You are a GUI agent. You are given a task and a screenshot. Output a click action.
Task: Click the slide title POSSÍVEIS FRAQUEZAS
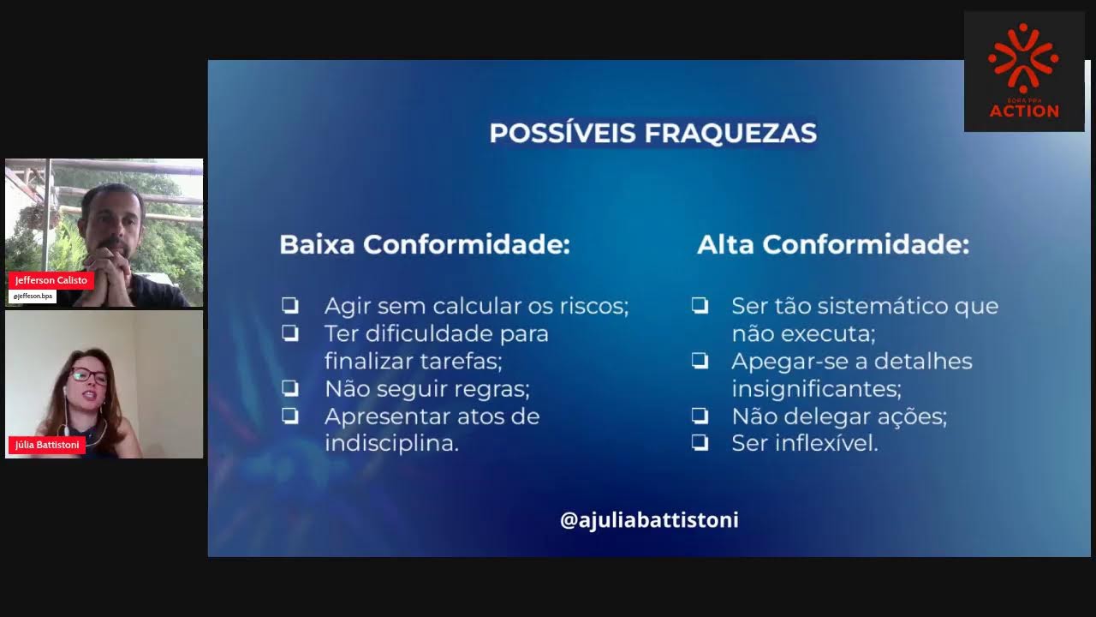pyautogui.click(x=652, y=134)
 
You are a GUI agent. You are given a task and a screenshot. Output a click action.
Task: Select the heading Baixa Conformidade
pyautogui.click(x=424, y=245)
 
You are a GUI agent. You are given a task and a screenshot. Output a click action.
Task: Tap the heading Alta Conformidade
pyautogui.click(x=832, y=245)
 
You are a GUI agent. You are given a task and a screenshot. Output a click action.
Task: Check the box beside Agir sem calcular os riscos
pyautogui.click(x=290, y=305)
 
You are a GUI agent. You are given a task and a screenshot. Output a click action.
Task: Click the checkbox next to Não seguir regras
pyautogui.click(x=290, y=388)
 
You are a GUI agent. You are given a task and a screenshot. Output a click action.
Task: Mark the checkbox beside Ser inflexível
pyautogui.click(x=700, y=443)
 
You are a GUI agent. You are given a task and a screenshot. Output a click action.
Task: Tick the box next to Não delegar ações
pyautogui.click(x=700, y=416)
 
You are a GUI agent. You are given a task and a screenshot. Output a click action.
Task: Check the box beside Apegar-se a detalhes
pyautogui.click(x=700, y=361)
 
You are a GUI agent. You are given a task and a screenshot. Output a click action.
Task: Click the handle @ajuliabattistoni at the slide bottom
pyautogui.click(x=649, y=520)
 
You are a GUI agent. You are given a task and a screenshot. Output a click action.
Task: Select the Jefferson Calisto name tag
pyautogui.click(x=51, y=280)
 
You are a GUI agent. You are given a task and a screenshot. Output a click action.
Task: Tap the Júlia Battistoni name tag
pyautogui.click(x=47, y=445)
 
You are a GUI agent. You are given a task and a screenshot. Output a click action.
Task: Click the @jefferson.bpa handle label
pyautogui.click(x=33, y=297)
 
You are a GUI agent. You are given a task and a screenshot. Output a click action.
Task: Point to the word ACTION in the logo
pyautogui.click(x=1024, y=111)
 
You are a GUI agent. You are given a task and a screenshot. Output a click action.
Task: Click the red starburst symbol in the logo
pyautogui.click(x=1023, y=58)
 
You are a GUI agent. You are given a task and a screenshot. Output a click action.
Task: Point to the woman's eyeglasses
pyautogui.click(x=88, y=375)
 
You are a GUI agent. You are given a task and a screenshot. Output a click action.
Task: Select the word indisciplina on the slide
pyautogui.click(x=391, y=444)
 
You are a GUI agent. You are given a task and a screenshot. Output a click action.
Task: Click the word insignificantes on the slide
pyautogui.click(x=815, y=389)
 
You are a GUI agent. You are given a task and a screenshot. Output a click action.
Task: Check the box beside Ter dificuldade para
pyautogui.click(x=290, y=333)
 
